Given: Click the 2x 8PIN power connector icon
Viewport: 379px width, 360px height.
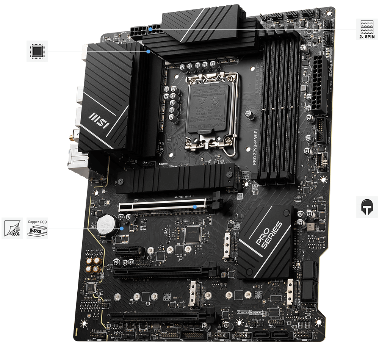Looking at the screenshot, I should pos(363,29).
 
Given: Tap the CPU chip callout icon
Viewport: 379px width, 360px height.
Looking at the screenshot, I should pos(37,51).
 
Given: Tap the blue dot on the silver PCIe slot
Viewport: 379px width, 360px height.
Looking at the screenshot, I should pos(194,207).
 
